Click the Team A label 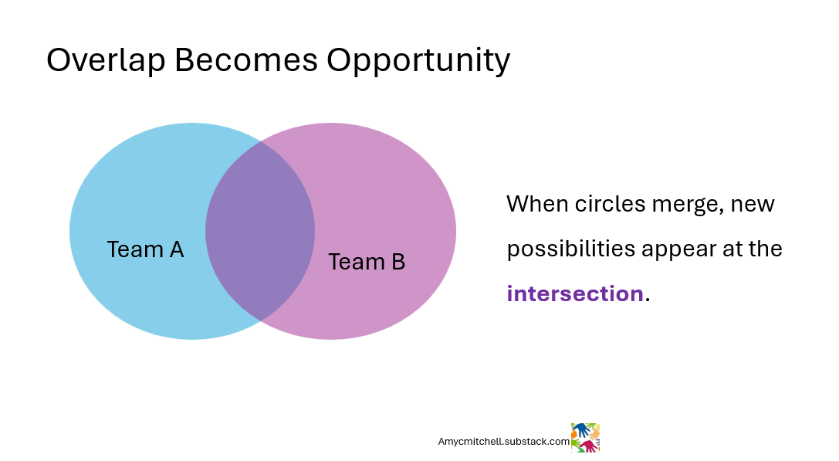click(145, 249)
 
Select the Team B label click(367, 262)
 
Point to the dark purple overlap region click(260, 231)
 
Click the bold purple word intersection click(574, 293)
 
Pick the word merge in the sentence click(683, 205)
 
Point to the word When click(537, 204)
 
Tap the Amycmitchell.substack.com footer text click(503, 442)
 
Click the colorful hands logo click(585, 437)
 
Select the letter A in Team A click(176, 249)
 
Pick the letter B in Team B click(398, 262)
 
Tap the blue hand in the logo click(580, 429)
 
